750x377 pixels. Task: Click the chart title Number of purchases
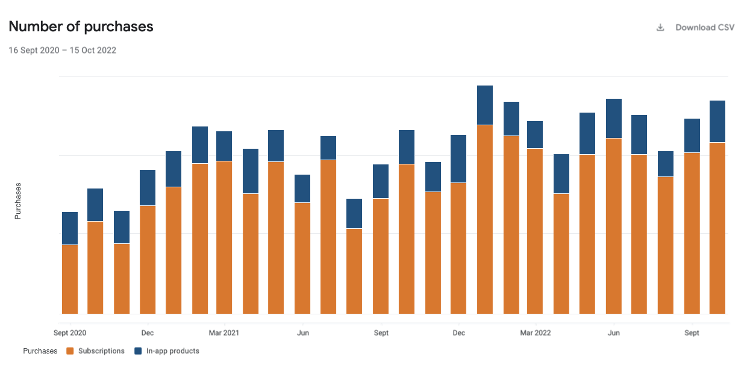click(81, 26)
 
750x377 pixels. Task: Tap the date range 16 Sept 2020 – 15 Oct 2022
click(62, 51)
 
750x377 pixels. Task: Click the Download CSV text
click(705, 28)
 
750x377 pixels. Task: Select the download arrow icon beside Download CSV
click(660, 28)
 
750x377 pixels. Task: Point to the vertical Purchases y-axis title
click(18, 201)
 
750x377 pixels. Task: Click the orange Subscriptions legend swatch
click(70, 351)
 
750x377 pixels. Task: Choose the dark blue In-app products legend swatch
click(138, 351)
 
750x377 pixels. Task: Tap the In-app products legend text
click(172, 351)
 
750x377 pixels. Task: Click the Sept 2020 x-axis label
click(70, 333)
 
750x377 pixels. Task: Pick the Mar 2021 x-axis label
click(224, 333)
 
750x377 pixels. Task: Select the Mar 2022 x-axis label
click(535, 333)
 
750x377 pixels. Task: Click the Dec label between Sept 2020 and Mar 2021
click(148, 333)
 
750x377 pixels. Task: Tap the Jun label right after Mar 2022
click(613, 333)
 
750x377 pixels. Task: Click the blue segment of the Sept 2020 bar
click(70, 228)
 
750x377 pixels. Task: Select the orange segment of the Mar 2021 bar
click(224, 237)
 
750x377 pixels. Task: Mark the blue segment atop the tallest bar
click(485, 105)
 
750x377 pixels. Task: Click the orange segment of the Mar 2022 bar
click(535, 231)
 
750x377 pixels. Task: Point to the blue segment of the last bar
click(717, 122)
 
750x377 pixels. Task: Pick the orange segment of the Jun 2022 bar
click(614, 226)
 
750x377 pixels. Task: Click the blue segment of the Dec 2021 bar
click(458, 159)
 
